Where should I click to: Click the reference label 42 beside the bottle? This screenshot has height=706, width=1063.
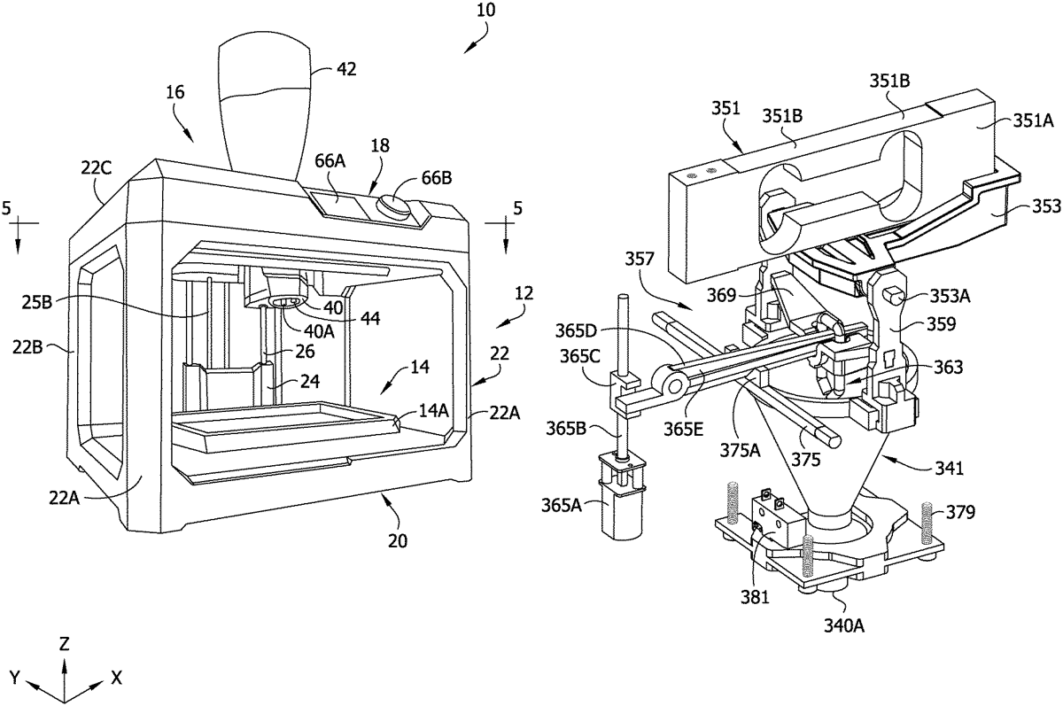[x=346, y=69]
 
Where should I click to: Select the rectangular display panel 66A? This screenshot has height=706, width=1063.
[x=336, y=203]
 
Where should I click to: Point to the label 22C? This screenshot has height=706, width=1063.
[x=96, y=168]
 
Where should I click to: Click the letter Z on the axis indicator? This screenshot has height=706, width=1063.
[x=64, y=644]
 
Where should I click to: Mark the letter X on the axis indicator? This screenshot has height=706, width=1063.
[x=116, y=678]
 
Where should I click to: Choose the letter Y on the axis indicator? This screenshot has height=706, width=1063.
[x=15, y=678]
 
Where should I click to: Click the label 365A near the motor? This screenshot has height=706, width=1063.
[x=562, y=506]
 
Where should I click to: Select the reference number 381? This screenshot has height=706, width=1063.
[x=755, y=597]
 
